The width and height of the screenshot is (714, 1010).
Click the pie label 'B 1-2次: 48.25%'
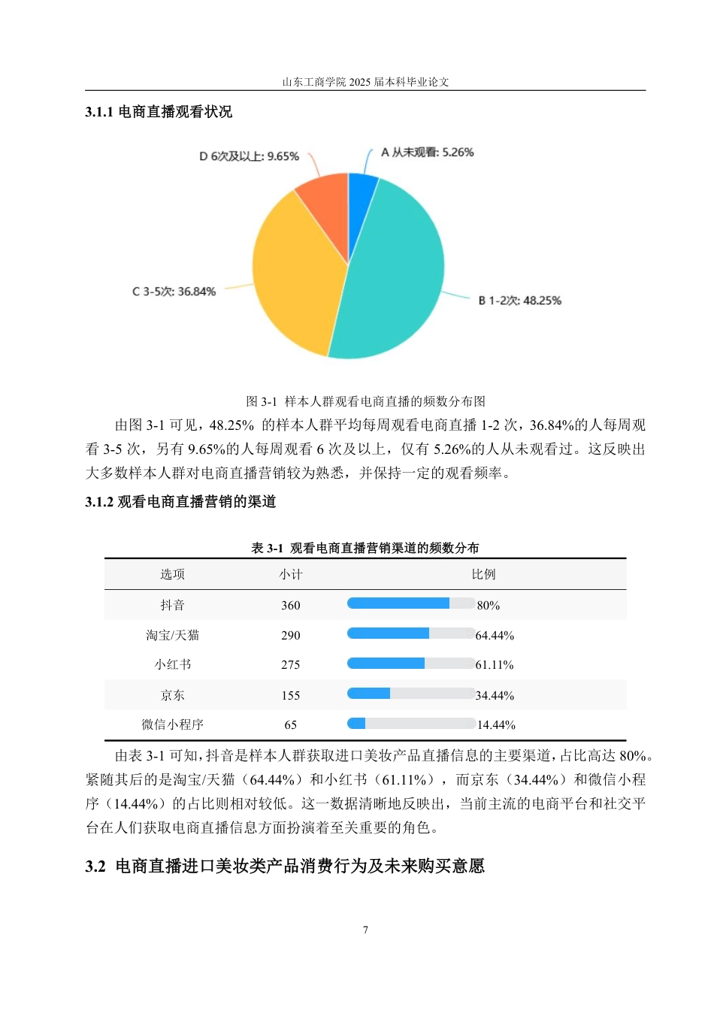pos(519,301)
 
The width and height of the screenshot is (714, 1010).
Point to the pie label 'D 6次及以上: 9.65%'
pos(249,156)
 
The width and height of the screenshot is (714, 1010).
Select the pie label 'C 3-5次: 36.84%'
pos(174,292)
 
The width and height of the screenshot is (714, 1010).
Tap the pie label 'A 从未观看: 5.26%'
pos(427,153)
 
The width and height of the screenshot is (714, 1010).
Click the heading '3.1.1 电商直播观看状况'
pos(159,112)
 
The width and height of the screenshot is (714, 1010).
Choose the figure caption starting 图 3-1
pos(365,401)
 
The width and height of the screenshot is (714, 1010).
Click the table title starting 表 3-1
pos(365,548)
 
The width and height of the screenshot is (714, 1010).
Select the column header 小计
pos(290,574)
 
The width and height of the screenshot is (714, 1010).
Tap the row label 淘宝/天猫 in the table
pos(172,635)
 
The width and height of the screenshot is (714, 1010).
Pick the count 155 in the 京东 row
pos(290,695)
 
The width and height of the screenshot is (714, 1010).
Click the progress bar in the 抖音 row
pos(410,603)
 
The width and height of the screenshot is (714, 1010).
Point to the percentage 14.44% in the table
pos(496,725)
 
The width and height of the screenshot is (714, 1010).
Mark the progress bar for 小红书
pos(410,664)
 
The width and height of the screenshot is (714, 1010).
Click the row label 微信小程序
pos(172,724)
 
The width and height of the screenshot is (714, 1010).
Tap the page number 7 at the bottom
pos(365,930)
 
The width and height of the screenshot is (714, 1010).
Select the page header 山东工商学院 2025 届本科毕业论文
pos(365,82)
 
